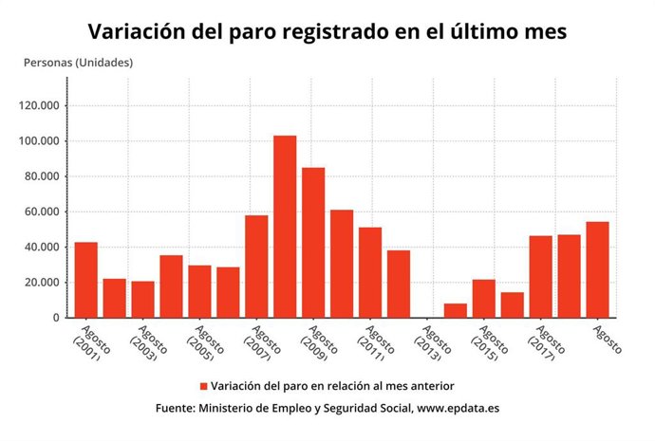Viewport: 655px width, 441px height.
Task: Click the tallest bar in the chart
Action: [285, 227]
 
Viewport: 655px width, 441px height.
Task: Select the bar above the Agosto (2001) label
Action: [86, 280]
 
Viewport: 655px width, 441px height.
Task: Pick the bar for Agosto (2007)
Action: [256, 266]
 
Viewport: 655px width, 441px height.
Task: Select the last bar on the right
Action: [597, 269]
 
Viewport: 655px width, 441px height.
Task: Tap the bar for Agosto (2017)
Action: [540, 276]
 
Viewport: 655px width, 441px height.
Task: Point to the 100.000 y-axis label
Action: [39, 141]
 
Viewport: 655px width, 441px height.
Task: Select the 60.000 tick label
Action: [42, 212]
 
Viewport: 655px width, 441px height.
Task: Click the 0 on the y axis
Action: [58, 318]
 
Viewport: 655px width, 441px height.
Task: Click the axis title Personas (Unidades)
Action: [78, 63]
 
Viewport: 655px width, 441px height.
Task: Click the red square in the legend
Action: [203, 386]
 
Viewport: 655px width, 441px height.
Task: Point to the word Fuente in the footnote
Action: [176, 408]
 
